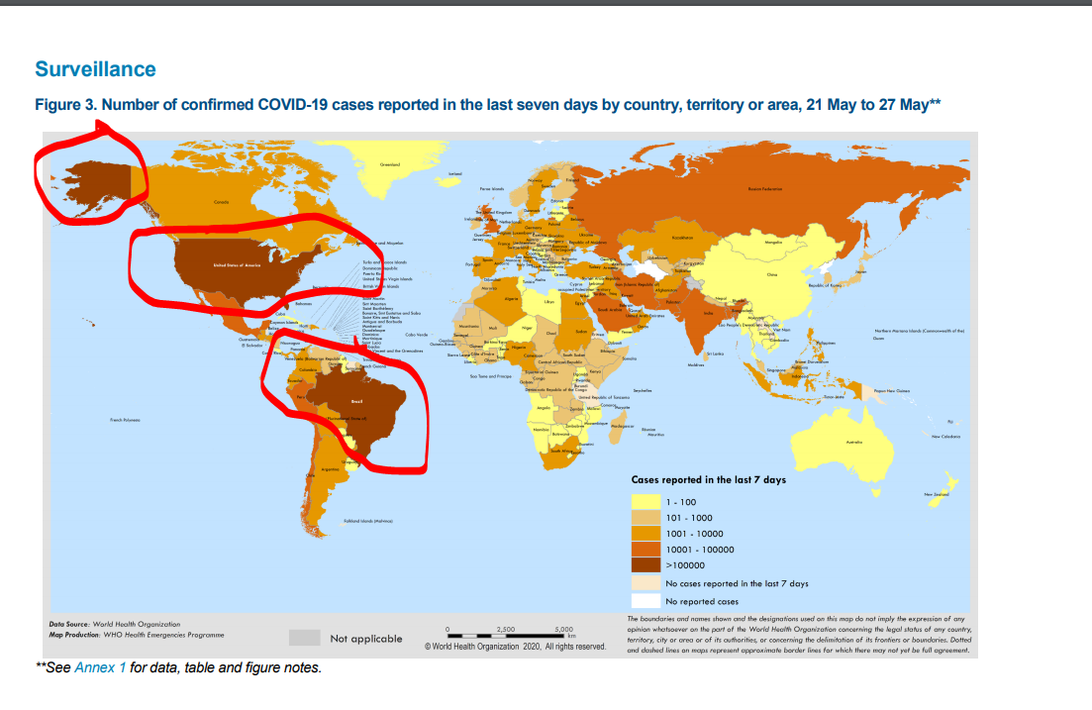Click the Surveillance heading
[x=95, y=69]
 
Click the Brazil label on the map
[x=357, y=401]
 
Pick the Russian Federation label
[x=764, y=187]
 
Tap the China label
[x=772, y=274]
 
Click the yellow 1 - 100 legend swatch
[x=645, y=502]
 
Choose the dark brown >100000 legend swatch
[x=645, y=565]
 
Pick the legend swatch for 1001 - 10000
[x=645, y=534]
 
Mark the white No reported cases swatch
[x=645, y=601]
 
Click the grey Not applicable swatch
[x=304, y=638]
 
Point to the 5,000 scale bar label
[x=564, y=629]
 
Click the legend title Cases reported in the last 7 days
[x=708, y=480]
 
